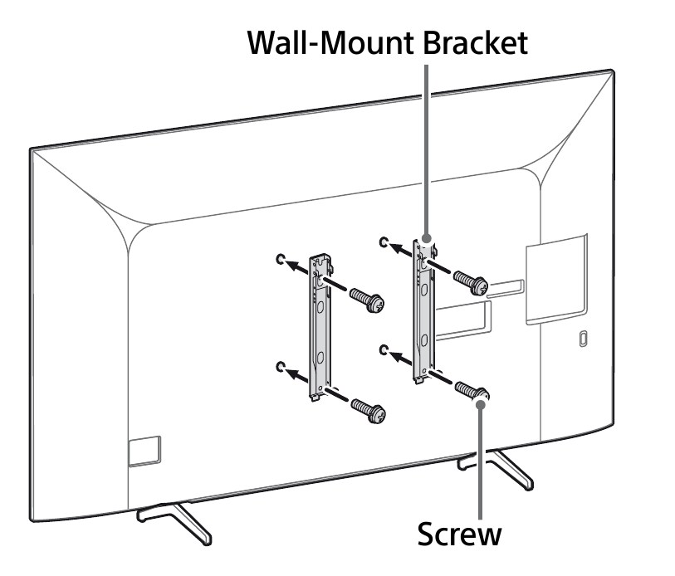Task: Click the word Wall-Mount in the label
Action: [332, 42]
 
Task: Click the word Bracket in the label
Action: [476, 42]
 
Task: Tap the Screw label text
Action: [460, 534]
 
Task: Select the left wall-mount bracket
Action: [320, 327]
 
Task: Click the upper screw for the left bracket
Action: [367, 300]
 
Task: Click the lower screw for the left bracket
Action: [368, 411]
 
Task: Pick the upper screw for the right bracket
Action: [471, 282]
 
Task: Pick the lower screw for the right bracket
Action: [472, 393]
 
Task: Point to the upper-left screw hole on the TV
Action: [281, 259]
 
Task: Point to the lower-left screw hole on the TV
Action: [281, 367]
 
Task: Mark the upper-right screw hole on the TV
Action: [384, 242]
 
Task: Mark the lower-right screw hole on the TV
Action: [384, 349]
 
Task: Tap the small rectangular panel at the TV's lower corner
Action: [144, 452]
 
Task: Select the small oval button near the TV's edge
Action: [583, 339]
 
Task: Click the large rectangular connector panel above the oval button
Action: [556, 279]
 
